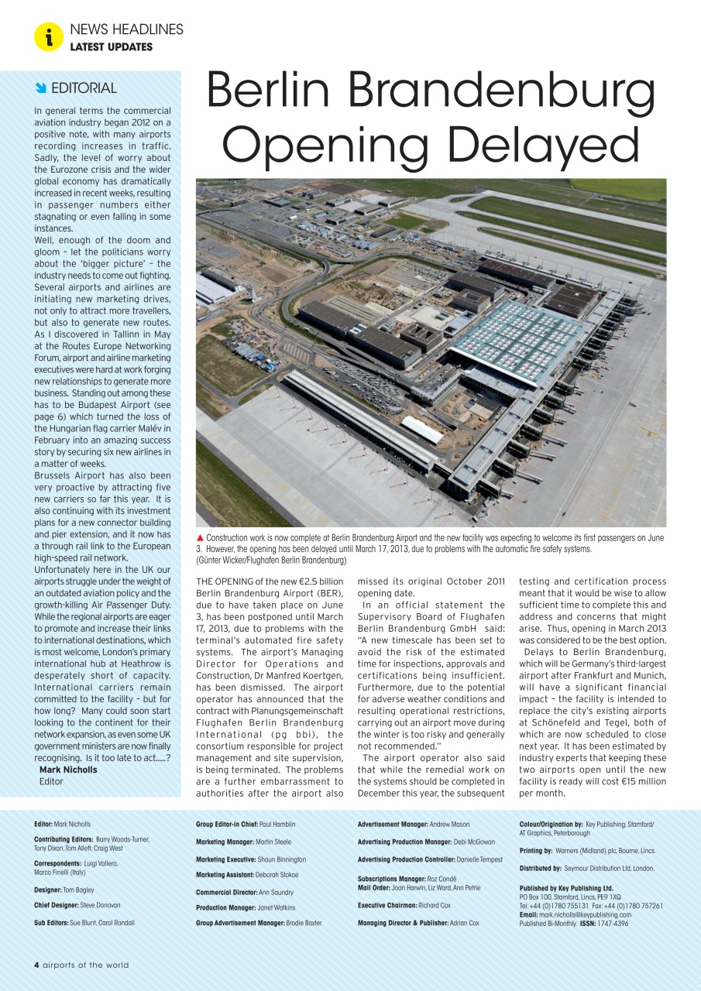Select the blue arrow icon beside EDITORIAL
tap(40, 87)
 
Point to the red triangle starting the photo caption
tap(200, 538)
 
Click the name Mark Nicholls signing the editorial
tap(68, 770)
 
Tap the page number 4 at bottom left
tap(36, 965)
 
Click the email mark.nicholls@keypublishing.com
tap(586, 914)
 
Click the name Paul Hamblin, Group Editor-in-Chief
tap(277, 825)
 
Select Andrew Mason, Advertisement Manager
tap(449, 825)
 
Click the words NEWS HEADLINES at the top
tap(126, 29)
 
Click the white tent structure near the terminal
tap(423, 430)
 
